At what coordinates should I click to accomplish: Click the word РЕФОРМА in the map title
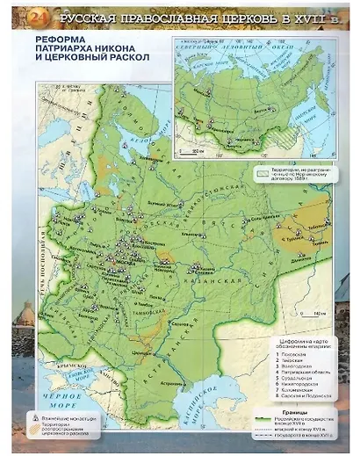(x=56, y=40)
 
